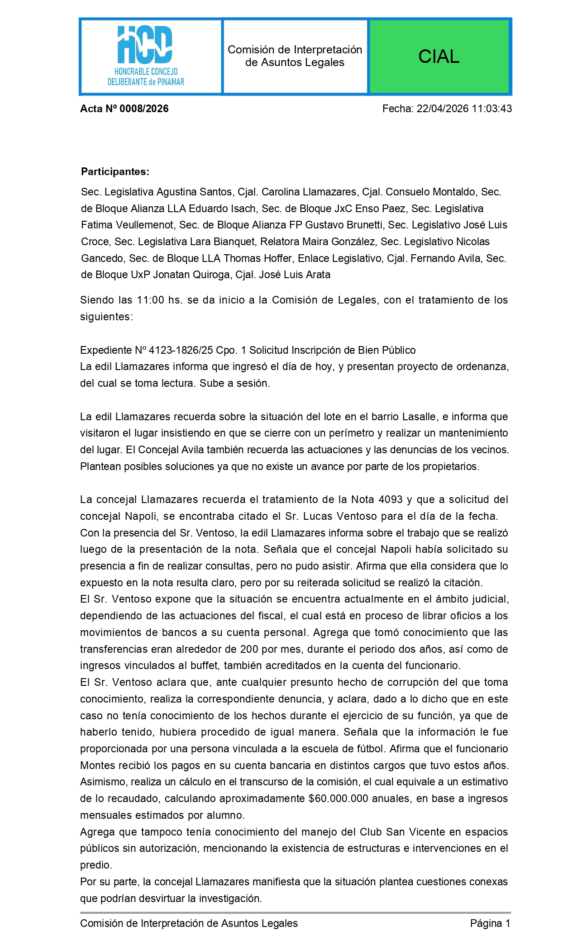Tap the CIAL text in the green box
(439, 57)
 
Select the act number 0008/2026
(143, 109)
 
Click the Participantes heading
(115, 172)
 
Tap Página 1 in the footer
(490, 924)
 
